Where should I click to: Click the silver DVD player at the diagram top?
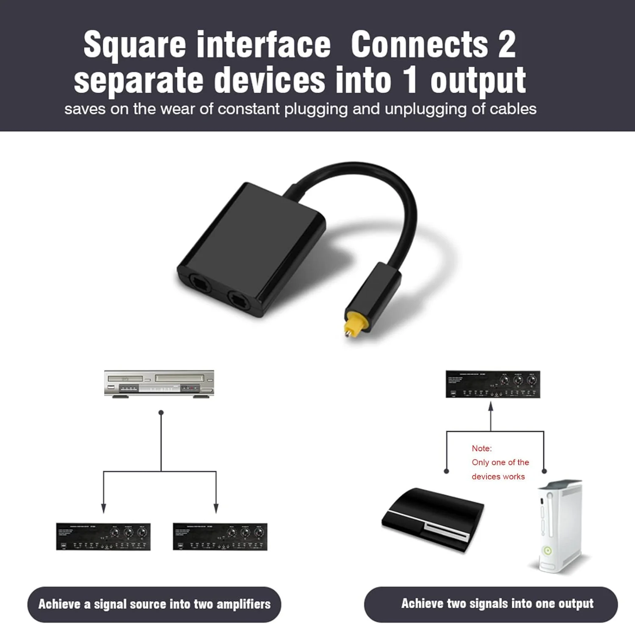pos(159,384)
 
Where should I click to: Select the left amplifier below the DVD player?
pos(103,537)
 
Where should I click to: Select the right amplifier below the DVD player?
pos(220,537)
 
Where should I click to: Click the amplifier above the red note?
pos(493,384)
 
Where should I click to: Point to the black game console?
pos(433,520)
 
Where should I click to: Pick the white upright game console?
pos(560,527)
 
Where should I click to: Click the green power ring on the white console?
pos(547,550)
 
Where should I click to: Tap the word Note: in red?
pos(482,448)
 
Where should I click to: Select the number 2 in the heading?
pos(506,44)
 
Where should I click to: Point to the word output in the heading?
pos(478,80)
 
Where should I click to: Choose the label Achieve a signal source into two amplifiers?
pos(155,604)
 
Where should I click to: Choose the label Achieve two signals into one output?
pos(497,604)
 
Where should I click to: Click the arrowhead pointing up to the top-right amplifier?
pos(491,406)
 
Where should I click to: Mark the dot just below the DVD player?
pos(161,412)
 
